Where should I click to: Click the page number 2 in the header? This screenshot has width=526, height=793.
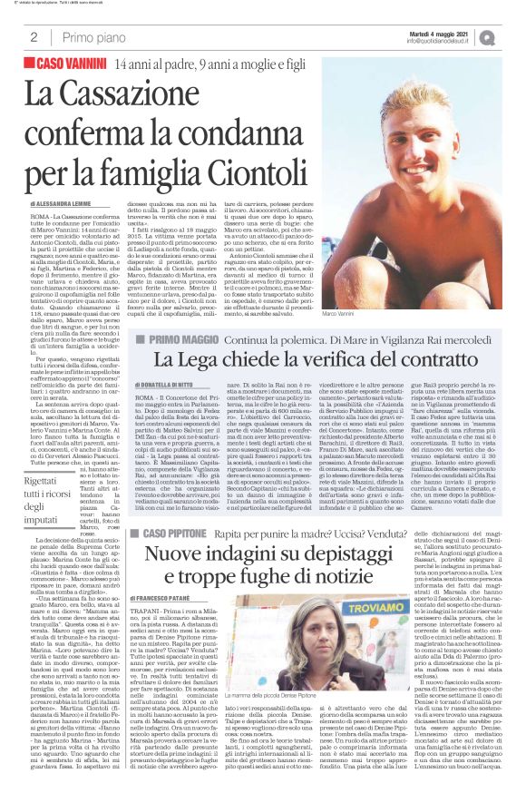point(34,37)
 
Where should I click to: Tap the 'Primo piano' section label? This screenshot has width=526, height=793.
point(94,37)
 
